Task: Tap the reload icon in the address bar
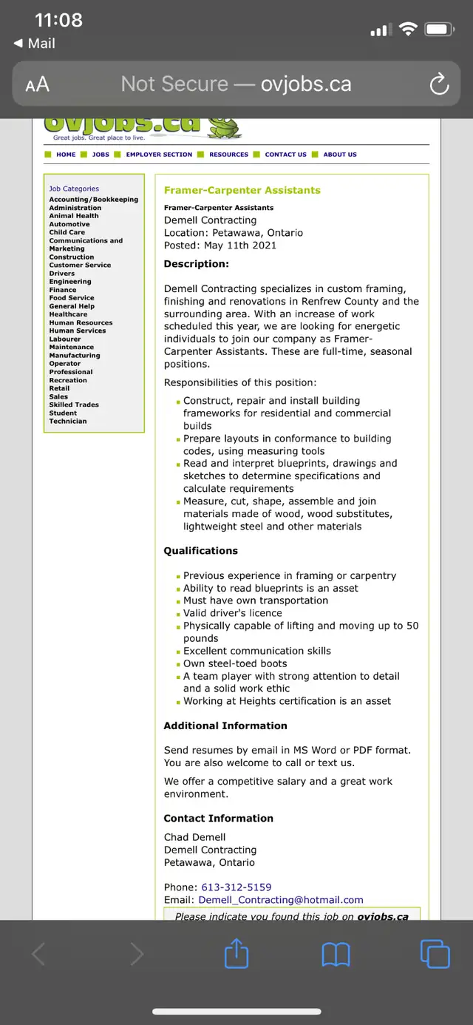tap(439, 84)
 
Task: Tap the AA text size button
tap(37, 84)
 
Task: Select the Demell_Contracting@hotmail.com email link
tap(281, 900)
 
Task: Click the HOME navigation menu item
tap(66, 155)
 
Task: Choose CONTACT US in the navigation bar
tap(285, 155)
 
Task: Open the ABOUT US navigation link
tap(340, 155)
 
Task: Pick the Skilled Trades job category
tap(74, 405)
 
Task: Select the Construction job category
tap(72, 257)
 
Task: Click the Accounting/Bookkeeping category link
tap(94, 200)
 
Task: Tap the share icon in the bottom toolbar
tap(236, 954)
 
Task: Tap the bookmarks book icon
tap(336, 955)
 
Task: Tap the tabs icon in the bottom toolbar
tap(435, 954)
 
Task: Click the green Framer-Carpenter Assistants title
tap(242, 190)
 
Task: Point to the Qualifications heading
tap(201, 551)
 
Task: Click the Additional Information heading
tap(225, 725)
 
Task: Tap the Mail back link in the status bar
tap(35, 44)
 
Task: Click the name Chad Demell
tap(195, 837)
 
